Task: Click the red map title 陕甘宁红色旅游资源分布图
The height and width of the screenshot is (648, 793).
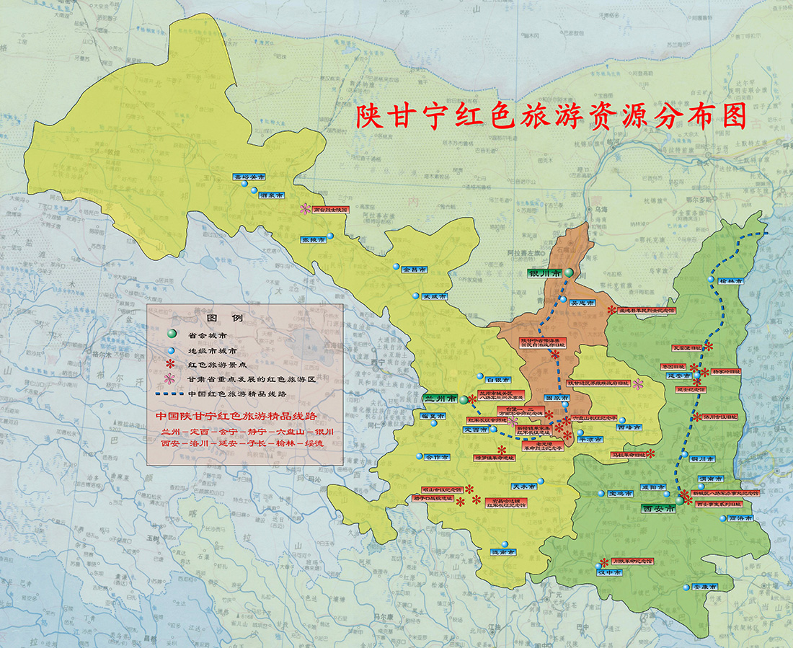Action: pos(550,117)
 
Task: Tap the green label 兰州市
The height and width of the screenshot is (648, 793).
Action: pos(440,399)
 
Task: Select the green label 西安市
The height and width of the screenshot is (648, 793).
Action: pos(658,508)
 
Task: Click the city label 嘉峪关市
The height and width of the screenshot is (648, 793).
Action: pos(249,176)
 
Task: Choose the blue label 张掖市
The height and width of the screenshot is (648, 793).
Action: pos(312,239)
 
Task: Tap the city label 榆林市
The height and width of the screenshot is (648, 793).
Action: pos(730,281)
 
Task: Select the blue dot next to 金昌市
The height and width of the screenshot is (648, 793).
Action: pos(396,267)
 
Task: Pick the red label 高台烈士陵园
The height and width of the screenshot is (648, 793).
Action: pos(330,209)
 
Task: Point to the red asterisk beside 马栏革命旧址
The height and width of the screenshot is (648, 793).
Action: pos(650,454)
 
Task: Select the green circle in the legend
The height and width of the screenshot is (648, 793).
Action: pos(170,334)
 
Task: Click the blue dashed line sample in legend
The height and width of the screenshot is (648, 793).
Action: pos(170,394)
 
